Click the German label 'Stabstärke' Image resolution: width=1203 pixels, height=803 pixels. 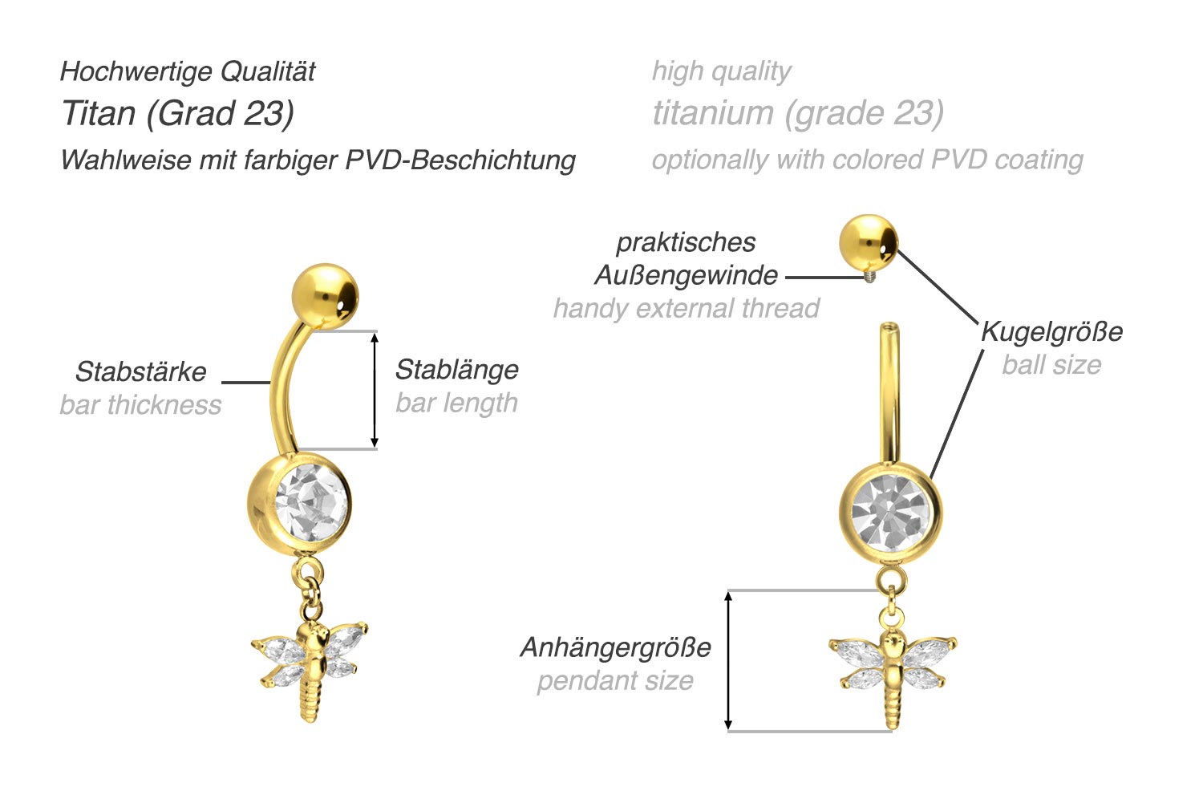pyautogui.click(x=140, y=371)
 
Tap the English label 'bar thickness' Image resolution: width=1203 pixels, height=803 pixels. pyautogui.click(x=140, y=404)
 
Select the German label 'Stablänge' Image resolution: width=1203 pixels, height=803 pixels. pyautogui.click(x=456, y=370)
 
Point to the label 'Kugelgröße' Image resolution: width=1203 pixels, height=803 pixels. pyautogui.click(x=1051, y=331)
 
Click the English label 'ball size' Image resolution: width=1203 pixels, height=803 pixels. pyautogui.click(x=1051, y=365)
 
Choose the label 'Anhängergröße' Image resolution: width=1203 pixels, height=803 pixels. pyautogui.click(x=615, y=647)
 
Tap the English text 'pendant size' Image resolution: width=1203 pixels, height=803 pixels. pyautogui.click(x=615, y=680)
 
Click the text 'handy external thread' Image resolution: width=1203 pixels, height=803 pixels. pyautogui.click(x=686, y=308)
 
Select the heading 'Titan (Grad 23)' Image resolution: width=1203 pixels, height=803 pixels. pyautogui.click(x=177, y=113)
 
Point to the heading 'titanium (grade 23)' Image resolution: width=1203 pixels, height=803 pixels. pyautogui.click(x=797, y=113)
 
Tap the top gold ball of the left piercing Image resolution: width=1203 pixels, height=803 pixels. pyautogui.click(x=325, y=294)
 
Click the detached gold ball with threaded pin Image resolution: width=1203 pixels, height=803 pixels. pyautogui.click(x=869, y=242)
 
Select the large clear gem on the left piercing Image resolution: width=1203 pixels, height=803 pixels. pyautogui.click(x=311, y=502)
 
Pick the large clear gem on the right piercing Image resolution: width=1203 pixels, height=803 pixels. pyautogui.click(x=891, y=511)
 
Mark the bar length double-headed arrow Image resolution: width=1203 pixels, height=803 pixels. pyautogui.click(x=374, y=390)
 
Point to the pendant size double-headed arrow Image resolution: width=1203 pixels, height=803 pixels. pyautogui.click(x=728, y=660)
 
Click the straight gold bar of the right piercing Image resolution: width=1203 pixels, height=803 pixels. pyautogui.click(x=888, y=393)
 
